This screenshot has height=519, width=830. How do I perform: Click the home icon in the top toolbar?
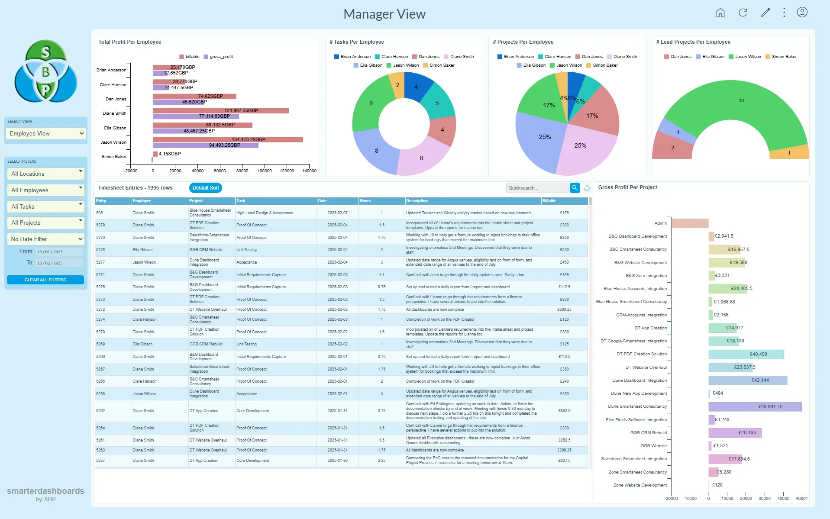[x=720, y=13]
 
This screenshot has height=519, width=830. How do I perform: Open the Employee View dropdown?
[x=46, y=134]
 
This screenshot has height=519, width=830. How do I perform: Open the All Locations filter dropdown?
[x=46, y=174]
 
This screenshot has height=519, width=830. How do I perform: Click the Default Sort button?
[x=206, y=188]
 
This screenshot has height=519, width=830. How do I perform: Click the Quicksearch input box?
[x=536, y=188]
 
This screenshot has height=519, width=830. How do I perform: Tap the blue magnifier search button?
[x=575, y=188]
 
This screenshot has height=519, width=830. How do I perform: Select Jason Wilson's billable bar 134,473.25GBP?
[x=228, y=139]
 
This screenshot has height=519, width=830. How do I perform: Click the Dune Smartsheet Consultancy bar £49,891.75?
[x=755, y=406]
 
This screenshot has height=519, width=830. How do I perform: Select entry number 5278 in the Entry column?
[x=100, y=250]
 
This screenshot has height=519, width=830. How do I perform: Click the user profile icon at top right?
[x=802, y=13]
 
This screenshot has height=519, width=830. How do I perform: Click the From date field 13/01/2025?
[x=59, y=252]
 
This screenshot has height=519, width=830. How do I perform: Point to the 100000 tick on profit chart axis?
[x=265, y=171]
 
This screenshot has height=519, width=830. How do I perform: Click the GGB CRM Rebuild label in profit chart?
[x=648, y=433]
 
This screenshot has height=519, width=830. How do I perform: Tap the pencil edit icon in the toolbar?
[x=765, y=13]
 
